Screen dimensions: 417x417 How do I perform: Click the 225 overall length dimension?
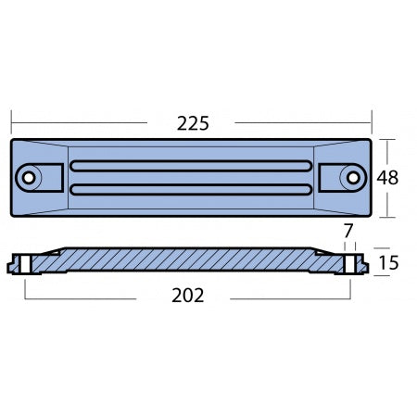[191, 122]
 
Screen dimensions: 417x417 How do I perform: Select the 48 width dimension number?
[388, 178]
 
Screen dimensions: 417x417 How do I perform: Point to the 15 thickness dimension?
[388, 263]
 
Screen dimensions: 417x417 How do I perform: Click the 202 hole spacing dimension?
[187, 297]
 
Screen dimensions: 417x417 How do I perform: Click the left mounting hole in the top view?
[30, 177]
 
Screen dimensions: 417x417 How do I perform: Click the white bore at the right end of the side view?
[351, 263]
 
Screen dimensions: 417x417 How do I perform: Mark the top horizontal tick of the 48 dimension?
[387, 139]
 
